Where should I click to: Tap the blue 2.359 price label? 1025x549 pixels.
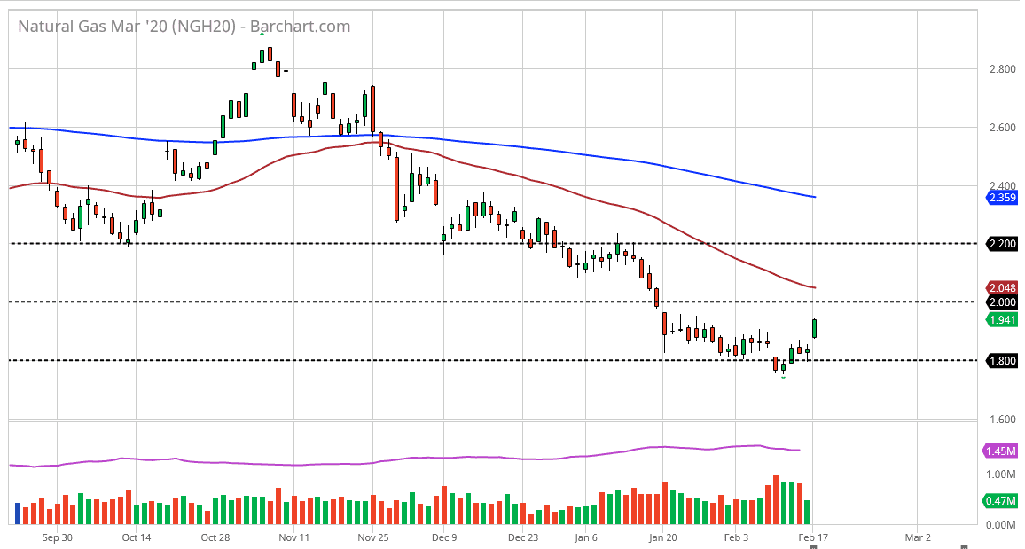[x=1001, y=198]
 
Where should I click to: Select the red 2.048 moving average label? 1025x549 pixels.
[x=1001, y=287]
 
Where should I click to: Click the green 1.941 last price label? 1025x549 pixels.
[x=1001, y=320]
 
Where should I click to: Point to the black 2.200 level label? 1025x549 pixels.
[x=1001, y=243]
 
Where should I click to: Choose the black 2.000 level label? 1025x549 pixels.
[x=1001, y=302]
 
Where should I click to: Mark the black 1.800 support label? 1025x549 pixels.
[x=1001, y=361]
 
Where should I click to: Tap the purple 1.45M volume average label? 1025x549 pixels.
[x=1001, y=451]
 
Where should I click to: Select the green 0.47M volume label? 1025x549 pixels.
[x=1001, y=501]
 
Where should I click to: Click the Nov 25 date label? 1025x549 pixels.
[x=372, y=537]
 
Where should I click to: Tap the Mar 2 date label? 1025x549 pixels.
[x=917, y=537]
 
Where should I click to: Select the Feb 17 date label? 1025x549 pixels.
[x=812, y=537]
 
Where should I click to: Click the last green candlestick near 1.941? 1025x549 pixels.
[x=815, y=328]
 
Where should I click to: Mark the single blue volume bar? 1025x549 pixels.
[x=18, y=513]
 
